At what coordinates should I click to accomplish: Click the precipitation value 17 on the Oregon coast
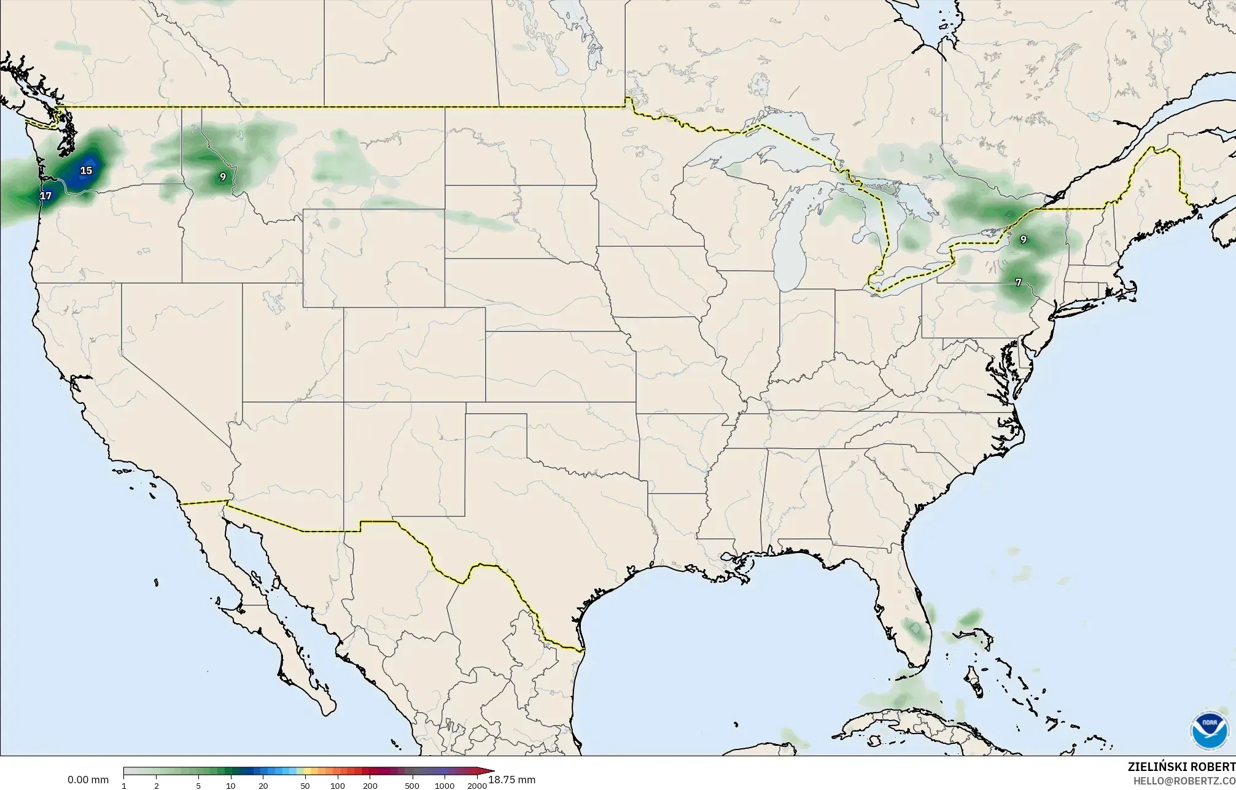[x=46, y=196]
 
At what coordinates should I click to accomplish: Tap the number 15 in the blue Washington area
[x=87, y=170]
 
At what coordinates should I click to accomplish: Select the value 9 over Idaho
[x=223, y=177]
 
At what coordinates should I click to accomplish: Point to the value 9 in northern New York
[x=1023, y=239]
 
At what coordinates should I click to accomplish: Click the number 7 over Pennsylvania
[x=1018, y=282]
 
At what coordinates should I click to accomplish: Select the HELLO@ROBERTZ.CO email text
[x=1184, y=780]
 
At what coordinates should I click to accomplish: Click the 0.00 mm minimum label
[x=88, y=780]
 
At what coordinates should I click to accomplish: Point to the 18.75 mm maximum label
[x=511, y=780]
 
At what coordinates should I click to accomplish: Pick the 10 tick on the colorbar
[x=231, y=786]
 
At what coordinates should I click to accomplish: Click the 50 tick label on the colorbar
[x=305, y=786]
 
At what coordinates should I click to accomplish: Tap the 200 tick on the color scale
[x=370, y=786]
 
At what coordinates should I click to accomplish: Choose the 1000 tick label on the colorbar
[x=445, y=786]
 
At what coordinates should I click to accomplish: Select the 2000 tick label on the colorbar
[x=476, y=786]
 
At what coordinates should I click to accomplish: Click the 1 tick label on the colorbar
[x=124, y=786]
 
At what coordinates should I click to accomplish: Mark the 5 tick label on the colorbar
[x=198, y=786]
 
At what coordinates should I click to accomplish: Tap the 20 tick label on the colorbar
[x=263, y=786]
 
